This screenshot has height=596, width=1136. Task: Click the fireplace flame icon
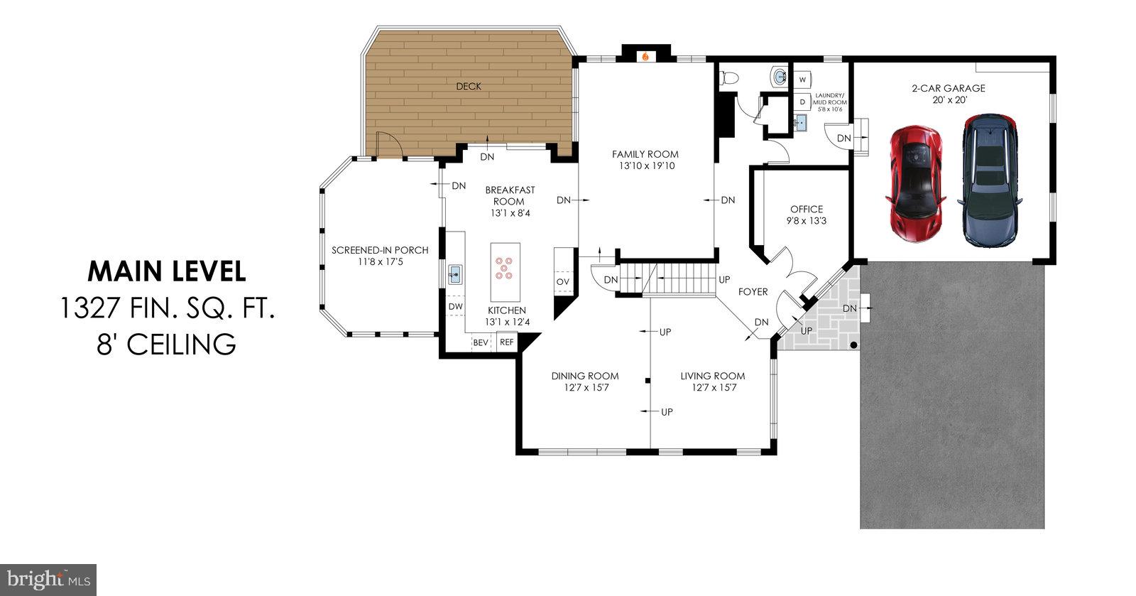[645, 56]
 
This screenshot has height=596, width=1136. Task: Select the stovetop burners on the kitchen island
[505, 267]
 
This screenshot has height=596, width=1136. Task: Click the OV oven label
[563, 282]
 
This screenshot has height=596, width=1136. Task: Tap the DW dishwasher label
[456, 307]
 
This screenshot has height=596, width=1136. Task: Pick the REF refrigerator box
[506, 342]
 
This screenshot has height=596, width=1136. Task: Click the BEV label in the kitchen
[481, 342]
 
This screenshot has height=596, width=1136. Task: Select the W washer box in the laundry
[803, 79]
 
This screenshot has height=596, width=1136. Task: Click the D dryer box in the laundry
[803, 102]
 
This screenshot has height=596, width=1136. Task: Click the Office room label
[807, 209]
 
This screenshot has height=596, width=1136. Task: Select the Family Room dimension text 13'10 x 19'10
[645, 166]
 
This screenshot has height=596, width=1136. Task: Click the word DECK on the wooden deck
[469, 87]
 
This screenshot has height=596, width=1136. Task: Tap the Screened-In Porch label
[380, 250]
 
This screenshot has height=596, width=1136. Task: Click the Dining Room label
[585, 376]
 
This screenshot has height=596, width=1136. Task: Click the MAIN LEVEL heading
[167, 271]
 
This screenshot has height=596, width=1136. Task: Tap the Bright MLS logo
[48, 579]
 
